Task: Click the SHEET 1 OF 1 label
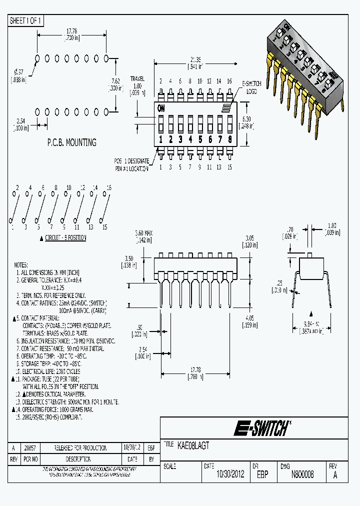pyautogui.click(x=26, y=20)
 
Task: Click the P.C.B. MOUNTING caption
pyautogui.click(x=71, y=142)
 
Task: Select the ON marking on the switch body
pyautogui.click(x=161, y=108)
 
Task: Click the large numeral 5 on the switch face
pyautogui.click(x=200, y=139)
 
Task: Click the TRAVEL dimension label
pyautogui.click(x=137, y=79)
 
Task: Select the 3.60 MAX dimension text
pyautogui.click(x=144, y=233)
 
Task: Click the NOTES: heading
pyautogui.click(x=21, y=264)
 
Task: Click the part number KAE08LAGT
pyautogui.click(x=193, y=444)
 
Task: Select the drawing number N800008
pyautogui.click(x=302, y=474)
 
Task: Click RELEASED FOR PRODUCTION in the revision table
pyautogui.click(x=80, y=448)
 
